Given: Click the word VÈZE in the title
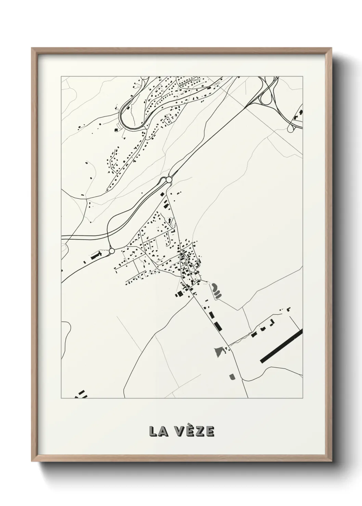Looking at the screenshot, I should click(x=196, y=431).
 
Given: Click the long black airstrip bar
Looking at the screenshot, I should click(x=281, y=346).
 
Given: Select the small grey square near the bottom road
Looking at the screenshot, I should click(x=232, y=377).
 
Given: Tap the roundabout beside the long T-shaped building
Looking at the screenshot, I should click(x=112, y=251).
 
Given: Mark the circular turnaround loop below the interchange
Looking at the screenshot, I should click(x=291, y=129).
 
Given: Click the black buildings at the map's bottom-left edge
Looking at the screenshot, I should click(x=81, y=394).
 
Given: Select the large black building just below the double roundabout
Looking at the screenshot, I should click(x=166, y=206).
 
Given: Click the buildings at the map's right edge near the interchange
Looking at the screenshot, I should click(x=298, y=115).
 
